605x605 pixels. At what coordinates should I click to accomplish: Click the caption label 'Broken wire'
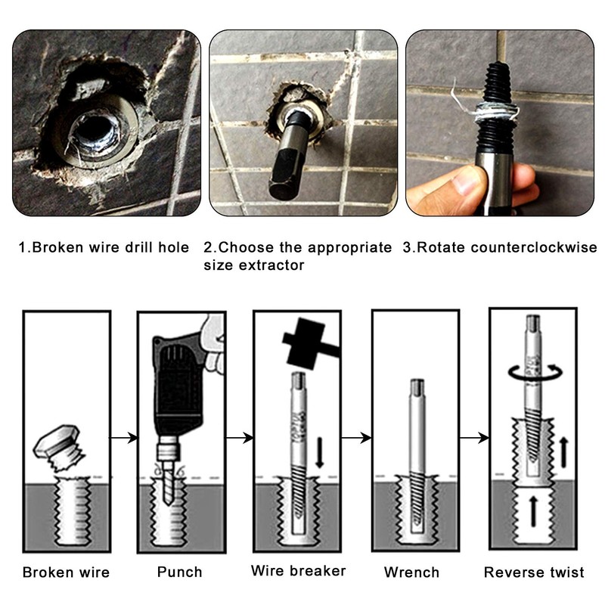[66, 572]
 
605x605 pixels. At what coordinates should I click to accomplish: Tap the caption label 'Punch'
[181, 572]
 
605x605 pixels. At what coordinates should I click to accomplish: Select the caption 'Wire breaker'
[298, 570]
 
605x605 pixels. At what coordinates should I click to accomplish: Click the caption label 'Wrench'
[411, 572]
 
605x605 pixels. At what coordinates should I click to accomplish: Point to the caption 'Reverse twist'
[534, 572]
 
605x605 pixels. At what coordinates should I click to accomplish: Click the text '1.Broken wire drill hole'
[104, 247]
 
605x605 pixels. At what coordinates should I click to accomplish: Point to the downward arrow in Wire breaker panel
[318, 451]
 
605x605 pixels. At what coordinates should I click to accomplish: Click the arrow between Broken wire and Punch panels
[124, 437]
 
